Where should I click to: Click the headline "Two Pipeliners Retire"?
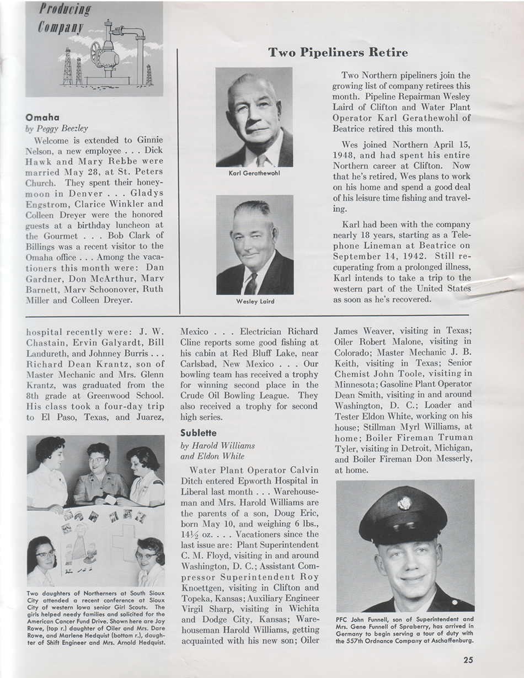(x=338, y=53)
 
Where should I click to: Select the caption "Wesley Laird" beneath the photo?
(x=254, y=301)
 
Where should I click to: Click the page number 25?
(x=468, y=659)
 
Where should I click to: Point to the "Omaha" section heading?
(x=42, y=117)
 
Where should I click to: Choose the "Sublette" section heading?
(x=198, y=433)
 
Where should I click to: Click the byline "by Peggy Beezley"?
(x=57, y=128)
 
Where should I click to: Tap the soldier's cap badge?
(x=404, y=504)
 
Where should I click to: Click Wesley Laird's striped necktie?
(x=251, y=282)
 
